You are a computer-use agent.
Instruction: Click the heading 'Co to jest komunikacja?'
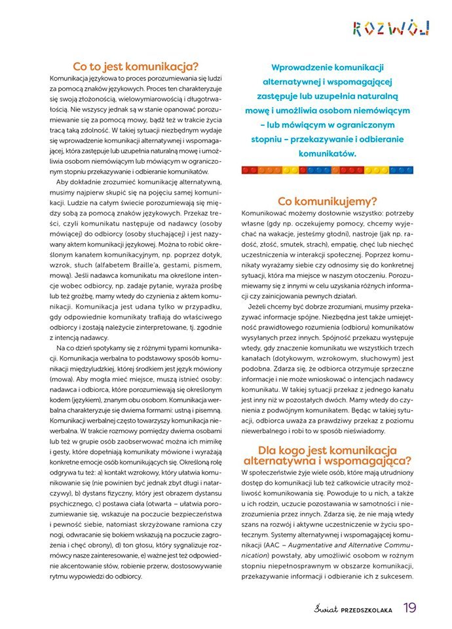136,66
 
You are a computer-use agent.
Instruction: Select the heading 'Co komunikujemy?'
328,200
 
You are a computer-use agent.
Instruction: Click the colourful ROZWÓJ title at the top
391,28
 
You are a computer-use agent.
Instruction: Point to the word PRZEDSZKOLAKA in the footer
362,610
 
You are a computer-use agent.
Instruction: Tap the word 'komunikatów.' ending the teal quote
327,154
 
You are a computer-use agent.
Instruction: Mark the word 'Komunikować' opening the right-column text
267,213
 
